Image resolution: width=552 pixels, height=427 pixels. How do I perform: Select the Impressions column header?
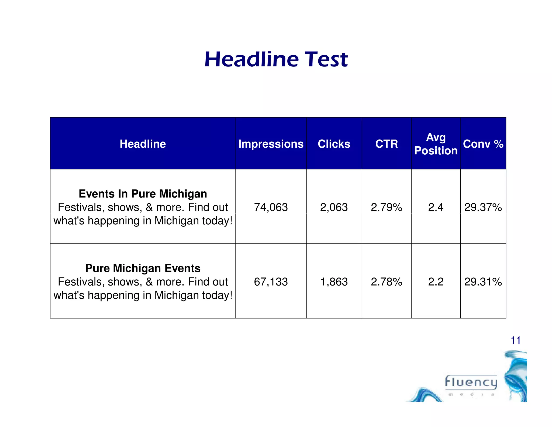point(271,144)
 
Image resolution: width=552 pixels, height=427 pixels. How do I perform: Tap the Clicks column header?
point(334,144)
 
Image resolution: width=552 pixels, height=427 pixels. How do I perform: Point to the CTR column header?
point(387,144)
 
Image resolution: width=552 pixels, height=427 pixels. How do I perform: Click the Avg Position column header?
point(436,144)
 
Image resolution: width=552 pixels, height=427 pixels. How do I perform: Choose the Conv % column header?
point(483,144)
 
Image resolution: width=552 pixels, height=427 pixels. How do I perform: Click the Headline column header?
point(143,144)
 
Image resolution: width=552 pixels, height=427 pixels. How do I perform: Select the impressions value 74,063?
point(271,207)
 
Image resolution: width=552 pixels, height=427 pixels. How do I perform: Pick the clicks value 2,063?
point(334,207)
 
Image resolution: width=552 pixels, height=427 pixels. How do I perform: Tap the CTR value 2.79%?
point(387,207)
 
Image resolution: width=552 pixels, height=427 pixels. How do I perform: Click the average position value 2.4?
point(436,207)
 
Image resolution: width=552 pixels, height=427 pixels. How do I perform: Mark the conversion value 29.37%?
point(483,207)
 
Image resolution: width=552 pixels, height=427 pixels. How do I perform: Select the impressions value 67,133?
point(271,282)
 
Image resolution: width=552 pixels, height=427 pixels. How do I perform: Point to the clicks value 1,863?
point(334,282)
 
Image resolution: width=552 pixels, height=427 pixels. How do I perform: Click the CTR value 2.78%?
point(387,282)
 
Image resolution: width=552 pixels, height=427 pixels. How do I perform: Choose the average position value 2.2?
point(436,282)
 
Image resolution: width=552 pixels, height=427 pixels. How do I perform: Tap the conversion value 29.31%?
point(483,282)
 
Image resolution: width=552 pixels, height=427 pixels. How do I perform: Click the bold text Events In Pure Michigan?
point(143,194)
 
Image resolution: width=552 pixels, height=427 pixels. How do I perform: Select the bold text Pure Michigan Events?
point(143,268)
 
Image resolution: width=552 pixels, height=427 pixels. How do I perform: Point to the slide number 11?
point(515,340)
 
